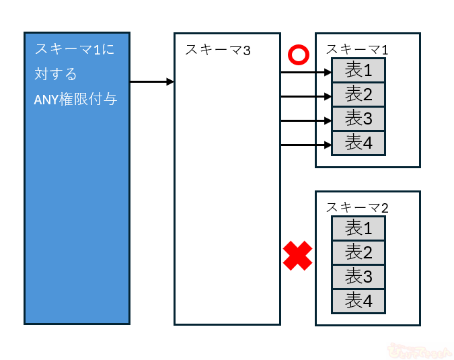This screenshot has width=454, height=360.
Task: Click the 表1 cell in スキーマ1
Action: click(358, 70)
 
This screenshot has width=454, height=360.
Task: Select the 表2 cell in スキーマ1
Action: click(358, 94)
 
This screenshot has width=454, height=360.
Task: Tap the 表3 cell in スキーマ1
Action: click(358, 118)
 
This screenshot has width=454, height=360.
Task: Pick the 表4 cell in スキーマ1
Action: click(358, 143)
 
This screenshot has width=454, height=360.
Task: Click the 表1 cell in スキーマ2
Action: click(358, 228)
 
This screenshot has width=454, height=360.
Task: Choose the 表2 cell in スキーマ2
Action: click(358, 252)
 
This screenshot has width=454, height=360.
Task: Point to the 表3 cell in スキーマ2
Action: click(358, 277)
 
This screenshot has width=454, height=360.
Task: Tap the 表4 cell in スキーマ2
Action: click(358, 301)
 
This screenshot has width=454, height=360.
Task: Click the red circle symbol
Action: click(297, 55)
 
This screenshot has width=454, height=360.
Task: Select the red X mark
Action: click(297, 256)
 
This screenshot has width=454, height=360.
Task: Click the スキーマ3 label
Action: click(217, 49)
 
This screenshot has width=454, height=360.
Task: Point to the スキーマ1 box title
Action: click(356, 49)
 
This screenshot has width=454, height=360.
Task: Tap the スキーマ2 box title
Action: click(356, 207)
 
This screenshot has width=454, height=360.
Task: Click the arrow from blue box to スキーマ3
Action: click(152, 82)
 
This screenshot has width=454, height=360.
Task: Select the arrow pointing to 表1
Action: click(306, 72)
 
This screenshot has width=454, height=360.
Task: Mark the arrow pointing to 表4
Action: click(306, 145)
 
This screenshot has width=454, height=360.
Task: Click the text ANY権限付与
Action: click(75, 99)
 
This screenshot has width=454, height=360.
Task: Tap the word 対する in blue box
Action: click(56, 73)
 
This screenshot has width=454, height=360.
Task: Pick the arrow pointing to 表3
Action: click(306, 120)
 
